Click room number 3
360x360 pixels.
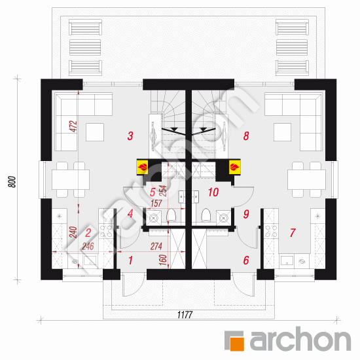click(130, 136)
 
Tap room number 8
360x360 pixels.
click(245, 136)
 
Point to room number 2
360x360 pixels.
click(88, 232)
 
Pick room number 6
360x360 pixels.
click(245, 261)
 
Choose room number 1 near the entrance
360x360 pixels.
click(130, 261)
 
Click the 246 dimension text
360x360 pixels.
click(88, 247)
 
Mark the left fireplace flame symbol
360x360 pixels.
click(141, 168)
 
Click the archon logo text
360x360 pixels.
click(298, 340)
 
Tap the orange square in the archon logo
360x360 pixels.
click(233, 340)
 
